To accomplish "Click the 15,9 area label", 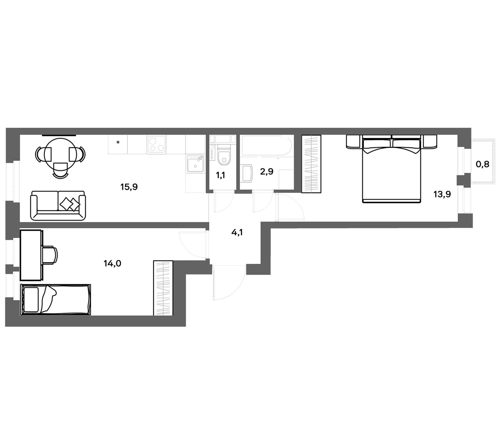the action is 129,187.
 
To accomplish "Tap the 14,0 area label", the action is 113,263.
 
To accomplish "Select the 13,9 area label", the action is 442,194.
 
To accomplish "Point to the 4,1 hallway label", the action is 237,232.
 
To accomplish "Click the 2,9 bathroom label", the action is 267,171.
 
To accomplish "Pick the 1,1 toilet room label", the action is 220,175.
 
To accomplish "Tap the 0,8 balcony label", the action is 483,164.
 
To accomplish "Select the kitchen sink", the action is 195,164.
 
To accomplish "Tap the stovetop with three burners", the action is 156,145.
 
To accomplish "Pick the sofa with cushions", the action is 58,206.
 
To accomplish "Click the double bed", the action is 391,169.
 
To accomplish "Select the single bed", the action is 56,300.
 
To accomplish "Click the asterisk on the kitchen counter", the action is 118,142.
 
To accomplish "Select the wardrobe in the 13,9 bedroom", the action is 311,164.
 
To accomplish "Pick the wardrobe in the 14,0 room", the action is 163,288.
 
